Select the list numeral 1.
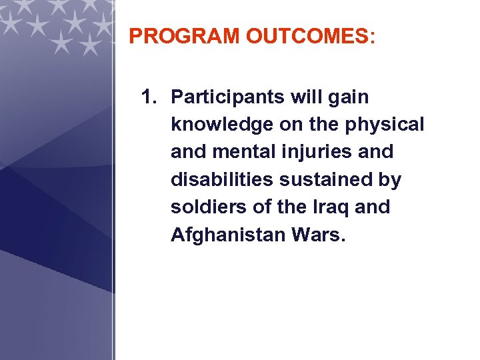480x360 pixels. pyautogui.click(x=149, y=97)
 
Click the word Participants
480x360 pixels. pyautogui.click(x=228, y=97)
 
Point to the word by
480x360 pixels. pyautogui.click(x=389, y=181)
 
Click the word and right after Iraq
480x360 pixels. pyautogui.click(x=372, y=207)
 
